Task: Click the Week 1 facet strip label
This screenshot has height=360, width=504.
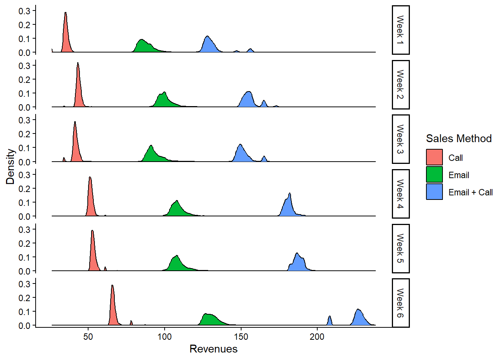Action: pyautogui.click(x=400, y=30)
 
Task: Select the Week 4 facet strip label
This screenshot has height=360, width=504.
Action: pyautogui.click(x=400, y=194)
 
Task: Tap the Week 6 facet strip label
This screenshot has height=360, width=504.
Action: pyautogui.click(x=400, y=303)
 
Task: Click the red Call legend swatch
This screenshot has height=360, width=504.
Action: pyautogui.click(x=434, y=157)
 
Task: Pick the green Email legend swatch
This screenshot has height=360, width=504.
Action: pyautogui.click(x=434, y=174)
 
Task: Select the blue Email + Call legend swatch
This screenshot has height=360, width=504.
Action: pyautogui.click(x=434, y=192)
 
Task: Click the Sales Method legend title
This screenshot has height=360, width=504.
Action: pyautogui.click(x=459, y=138)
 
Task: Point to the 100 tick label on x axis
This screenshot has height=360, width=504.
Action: pyautogui.click(x=164, y=337)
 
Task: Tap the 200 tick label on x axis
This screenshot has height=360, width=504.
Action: pyautogui.click(x=317, y=337)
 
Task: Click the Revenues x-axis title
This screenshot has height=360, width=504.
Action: pyautogui.click(x=213, y=349)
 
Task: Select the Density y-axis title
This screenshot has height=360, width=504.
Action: pyautogui.click(x=10, y=166)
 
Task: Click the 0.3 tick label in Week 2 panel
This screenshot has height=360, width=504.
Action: pyautogui.click(x=24, y=66)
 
